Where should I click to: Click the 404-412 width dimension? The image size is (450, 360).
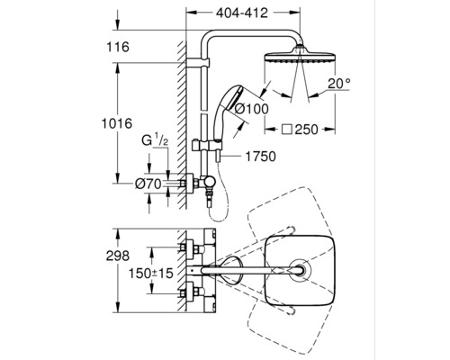[242, 13]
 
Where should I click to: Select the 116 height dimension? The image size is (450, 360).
[118, 47]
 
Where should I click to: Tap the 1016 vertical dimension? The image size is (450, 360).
[117, 123]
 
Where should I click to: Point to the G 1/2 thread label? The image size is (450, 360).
[155, 140]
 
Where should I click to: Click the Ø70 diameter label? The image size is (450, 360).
[148, 184]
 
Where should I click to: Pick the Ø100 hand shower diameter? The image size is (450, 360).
[251, 108]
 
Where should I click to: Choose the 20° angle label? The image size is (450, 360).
[339, 84]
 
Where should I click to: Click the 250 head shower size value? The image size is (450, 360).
[306, 130]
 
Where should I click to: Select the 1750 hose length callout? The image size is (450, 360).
[260, 157]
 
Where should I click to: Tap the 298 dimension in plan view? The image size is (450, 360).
[118, 256]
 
